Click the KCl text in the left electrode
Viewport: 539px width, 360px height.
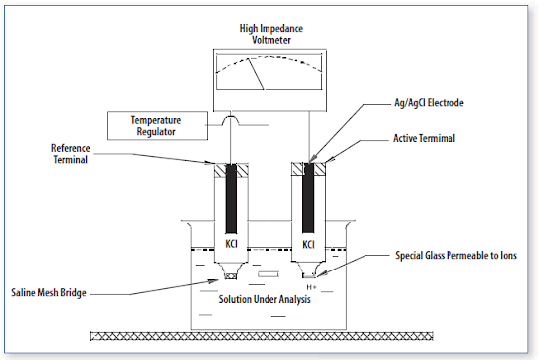point(232,242)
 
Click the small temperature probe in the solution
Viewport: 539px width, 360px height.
point(269,272)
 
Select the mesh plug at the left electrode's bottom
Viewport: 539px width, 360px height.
point(232,275)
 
